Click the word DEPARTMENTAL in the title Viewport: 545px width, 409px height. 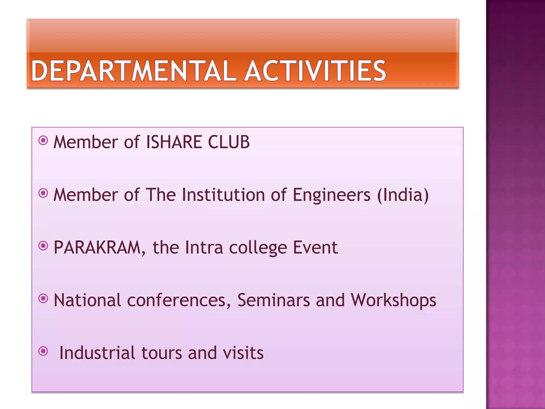coord(133,71)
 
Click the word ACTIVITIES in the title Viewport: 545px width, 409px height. coord(315,71)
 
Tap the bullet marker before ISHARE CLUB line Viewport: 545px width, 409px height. coord(43,140)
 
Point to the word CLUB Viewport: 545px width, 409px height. coord(229,142)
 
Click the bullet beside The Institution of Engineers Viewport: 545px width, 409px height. coord(43,193)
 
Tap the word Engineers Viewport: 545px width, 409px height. coord(331,195)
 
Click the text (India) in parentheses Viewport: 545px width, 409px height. coord(403,195)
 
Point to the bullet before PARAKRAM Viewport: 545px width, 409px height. coord(43,246)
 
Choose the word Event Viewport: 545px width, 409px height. coord(315,247)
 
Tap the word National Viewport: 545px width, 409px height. coord(87,300)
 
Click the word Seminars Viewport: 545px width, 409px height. coord(274,300)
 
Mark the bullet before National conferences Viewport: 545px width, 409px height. coord(43,298)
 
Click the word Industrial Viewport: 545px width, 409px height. coord(97,353)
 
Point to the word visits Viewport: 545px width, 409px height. coord(243,353)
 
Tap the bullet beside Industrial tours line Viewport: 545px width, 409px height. coord(43,351)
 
